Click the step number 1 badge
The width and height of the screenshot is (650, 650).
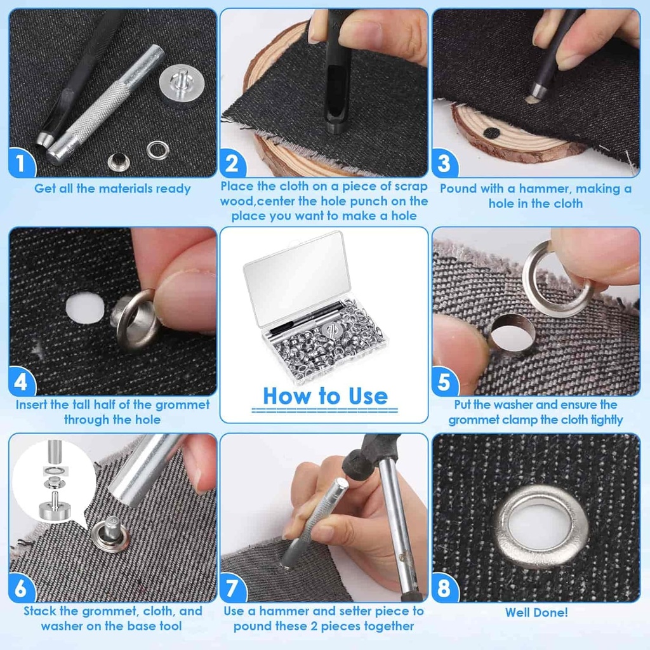coord(21,162)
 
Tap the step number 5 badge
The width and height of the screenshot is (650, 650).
coord(444,381)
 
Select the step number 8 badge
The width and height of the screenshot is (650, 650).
coord(444,587)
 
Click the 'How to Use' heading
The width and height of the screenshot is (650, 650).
coord(326,396)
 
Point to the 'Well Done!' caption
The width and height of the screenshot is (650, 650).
coord(536,613)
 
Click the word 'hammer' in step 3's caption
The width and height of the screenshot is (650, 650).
coord(543,189)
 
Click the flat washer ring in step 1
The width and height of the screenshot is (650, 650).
coord(158,150)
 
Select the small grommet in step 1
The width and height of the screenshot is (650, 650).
coord(119,162)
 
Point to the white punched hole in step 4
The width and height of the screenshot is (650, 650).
coord(86,307)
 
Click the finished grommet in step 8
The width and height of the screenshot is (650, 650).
coord(541,527)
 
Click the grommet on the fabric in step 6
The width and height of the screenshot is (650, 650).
coord(110,534)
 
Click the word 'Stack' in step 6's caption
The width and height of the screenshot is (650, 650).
coord(40,611)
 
